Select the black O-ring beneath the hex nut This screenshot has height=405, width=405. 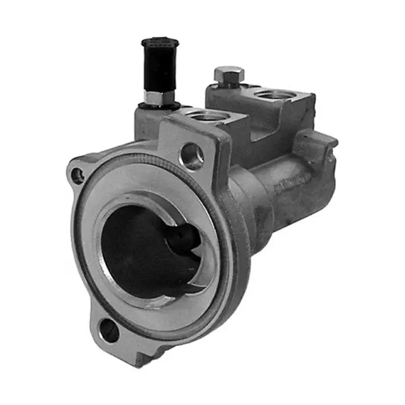tap(160, 106)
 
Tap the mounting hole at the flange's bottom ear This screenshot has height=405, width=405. tap(109, 332)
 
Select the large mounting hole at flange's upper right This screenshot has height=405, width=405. tap(192, 156)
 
